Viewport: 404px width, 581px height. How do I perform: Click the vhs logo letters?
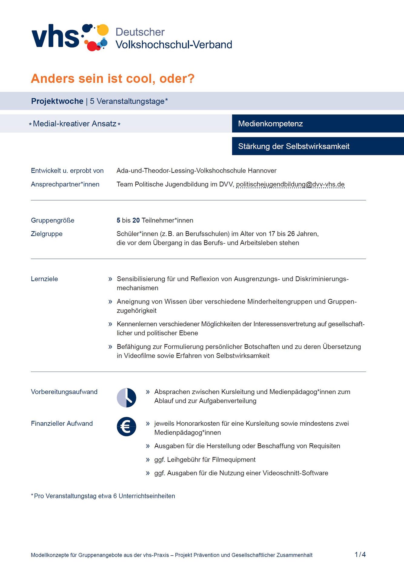point(55,36)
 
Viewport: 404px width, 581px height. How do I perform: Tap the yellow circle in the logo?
point(103,30)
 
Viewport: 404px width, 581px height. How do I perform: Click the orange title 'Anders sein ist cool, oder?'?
point(113,79)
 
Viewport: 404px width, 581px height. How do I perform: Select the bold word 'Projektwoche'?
point(57,101)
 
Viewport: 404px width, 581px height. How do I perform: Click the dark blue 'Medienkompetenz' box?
point(318,123)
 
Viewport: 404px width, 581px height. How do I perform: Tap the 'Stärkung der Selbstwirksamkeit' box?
point(318,146)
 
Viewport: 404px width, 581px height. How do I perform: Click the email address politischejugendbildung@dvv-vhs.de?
point(290,184)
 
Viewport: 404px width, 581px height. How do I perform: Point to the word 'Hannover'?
point(262,171)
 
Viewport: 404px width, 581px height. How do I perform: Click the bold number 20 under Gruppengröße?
point(136,220)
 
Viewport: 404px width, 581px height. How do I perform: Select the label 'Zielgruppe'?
point(47,234)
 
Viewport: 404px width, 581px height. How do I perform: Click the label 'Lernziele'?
point(44,279)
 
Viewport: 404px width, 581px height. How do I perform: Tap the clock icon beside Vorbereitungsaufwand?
point(126,398)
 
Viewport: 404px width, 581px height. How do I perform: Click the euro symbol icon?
point(126,427)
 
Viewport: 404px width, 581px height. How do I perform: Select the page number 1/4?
point(360,555)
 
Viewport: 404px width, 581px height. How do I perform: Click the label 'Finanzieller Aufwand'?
point(62,424)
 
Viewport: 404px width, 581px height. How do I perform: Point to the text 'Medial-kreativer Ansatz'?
point(75,124)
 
